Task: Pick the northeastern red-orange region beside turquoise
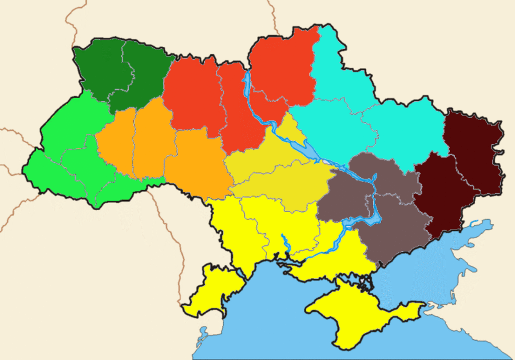pos(284,65)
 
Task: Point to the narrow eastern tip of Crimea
pos(415,307)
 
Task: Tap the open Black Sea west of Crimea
pos(272,312)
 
